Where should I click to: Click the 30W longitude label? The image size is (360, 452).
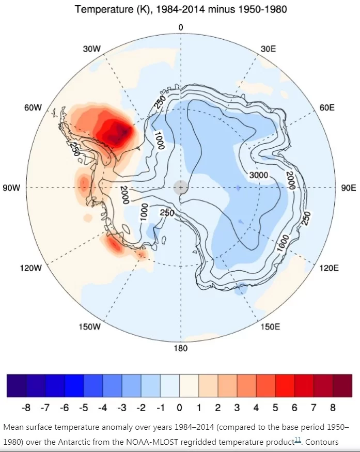pos(92,49)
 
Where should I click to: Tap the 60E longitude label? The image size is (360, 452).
pos(327,108)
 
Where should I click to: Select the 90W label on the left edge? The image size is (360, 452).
pos(11,188)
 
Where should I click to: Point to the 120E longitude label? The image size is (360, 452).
pos(329,269)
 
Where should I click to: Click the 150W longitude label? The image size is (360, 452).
pos(90,327)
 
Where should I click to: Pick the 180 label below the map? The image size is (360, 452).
pos(181,349)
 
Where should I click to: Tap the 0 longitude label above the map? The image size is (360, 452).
pos(181,27)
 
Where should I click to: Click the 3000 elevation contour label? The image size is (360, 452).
pos(259,175)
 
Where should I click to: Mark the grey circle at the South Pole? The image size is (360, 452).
pos(181,188)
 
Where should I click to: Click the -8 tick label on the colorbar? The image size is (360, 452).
pos(26,408)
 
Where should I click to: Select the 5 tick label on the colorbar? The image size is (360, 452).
pos(275,408)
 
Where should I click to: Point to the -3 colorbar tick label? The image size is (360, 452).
pos(122,408)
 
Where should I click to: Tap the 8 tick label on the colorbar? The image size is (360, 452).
pos(333,408)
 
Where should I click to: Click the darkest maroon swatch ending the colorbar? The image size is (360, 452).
pos(342,386)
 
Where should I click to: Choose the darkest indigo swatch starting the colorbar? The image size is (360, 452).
pos(17,386)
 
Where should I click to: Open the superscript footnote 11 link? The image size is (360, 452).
pos(298,440)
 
